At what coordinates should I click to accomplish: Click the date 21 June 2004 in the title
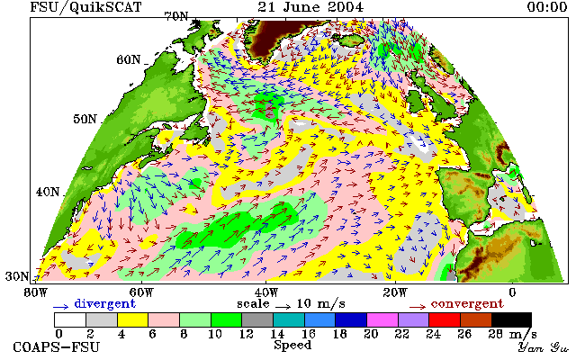point(310,6)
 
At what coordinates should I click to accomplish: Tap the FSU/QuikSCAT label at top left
point(85,7)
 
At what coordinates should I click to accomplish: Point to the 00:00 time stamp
point(547,6)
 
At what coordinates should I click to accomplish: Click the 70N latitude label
point(176,16)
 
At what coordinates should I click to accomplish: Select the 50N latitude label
point(85,119)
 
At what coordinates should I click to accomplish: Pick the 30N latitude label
point(17,276)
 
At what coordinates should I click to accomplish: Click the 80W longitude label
point(36,292)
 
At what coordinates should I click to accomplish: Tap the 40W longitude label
point(266,292)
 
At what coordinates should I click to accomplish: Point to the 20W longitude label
point(395,292)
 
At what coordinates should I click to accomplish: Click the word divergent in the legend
point(104,303)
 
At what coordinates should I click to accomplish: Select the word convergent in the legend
point(467,303)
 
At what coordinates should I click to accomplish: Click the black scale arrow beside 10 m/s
point(283,307)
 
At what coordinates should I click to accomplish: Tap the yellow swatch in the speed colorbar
point(132,320)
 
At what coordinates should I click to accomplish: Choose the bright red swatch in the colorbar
point(445,320)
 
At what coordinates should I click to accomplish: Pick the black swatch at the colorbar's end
point(511,320)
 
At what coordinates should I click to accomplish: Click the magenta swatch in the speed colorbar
point(382,320)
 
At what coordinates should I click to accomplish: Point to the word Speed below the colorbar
point(292,345)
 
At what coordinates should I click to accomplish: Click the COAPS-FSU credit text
point(57,347)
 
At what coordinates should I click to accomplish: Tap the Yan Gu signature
point(543,347)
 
